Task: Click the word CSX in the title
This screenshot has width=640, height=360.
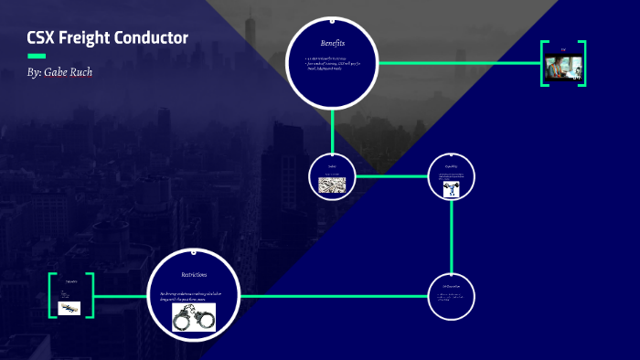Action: pos(42,38)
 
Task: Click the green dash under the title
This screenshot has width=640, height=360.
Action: pos(37,57)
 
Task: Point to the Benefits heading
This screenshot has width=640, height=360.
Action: pos(332,43)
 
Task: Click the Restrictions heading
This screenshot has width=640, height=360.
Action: pos(194,274)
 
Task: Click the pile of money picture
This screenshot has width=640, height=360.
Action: pos(331,184)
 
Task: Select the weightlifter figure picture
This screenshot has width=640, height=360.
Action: pos(451,189)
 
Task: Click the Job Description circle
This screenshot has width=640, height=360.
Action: pos(452,295)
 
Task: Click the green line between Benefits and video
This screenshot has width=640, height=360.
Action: pos(457,63)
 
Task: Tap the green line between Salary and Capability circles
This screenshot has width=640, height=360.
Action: pos(391,175)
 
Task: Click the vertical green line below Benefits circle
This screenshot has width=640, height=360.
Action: pos(332,129)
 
